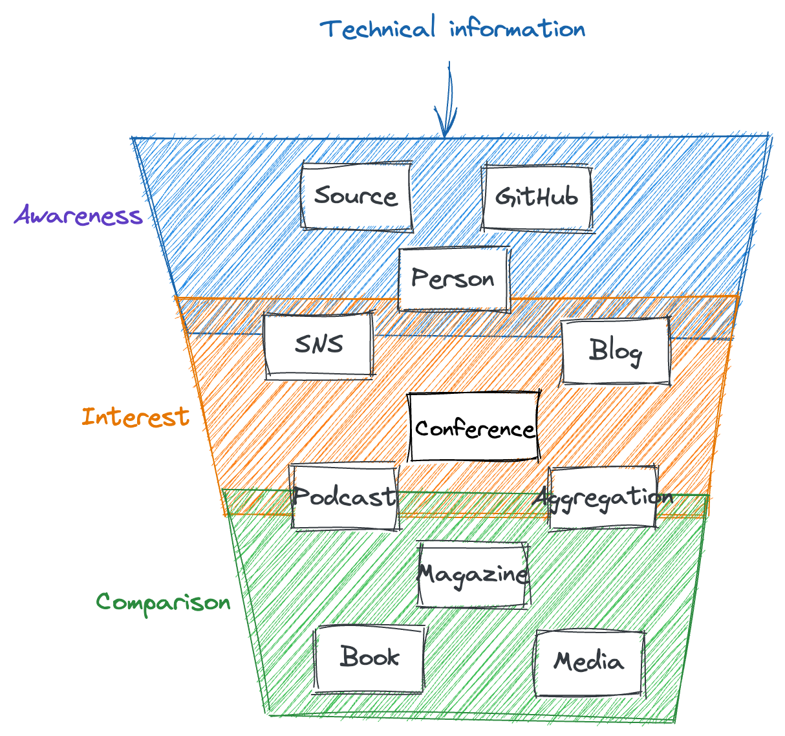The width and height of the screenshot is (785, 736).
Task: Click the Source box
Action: pos(356,196)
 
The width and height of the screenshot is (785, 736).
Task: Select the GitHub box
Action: pos(537,197)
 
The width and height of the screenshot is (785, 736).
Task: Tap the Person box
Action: pos(453,279)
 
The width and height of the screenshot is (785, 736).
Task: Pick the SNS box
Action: pos(319,344)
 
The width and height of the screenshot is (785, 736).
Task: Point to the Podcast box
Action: pos(344,497)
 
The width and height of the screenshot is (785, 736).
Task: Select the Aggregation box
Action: pos(603,498)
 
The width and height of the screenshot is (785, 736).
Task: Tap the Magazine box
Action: pos(473,574)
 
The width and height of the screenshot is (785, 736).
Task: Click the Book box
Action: pos(369,658)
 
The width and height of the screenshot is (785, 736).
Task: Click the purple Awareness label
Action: pos(78,215)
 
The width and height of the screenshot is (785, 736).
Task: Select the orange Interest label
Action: pos(136,417)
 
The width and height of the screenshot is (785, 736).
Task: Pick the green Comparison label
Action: pos(164,603)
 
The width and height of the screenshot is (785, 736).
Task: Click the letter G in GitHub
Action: pos(502,197)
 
